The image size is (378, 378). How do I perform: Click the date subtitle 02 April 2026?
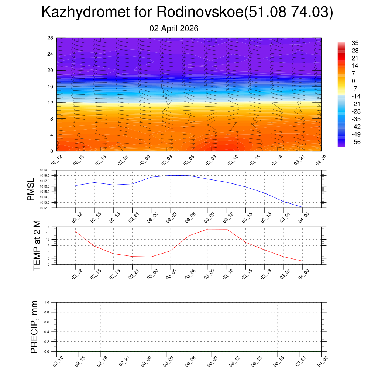coord(174,28)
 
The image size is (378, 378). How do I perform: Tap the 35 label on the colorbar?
coord(355,43)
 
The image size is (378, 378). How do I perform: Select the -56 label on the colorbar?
coord(356,142)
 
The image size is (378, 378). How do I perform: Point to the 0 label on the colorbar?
coord(353,81)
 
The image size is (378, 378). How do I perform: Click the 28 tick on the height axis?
coord(51,38)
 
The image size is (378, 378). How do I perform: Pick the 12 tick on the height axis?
coord(51,103)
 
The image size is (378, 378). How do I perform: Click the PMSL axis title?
coord(31,189)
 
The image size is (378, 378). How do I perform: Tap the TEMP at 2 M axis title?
coord(37,245)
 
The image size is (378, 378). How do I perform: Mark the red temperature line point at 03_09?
coord(208,229)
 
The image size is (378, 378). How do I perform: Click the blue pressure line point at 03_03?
coord(170,175)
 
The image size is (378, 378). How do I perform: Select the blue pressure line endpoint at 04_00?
coord(303,207)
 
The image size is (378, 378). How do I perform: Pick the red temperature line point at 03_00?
coord(151,257)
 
